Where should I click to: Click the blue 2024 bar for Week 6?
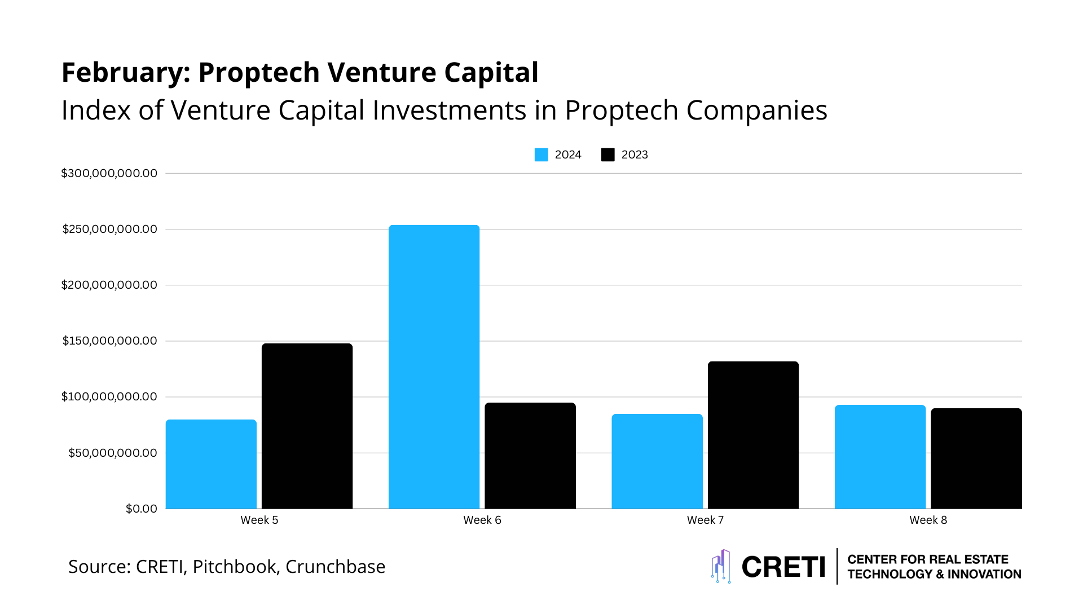(x=434, y=367)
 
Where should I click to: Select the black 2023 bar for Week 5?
(x=307, y=426)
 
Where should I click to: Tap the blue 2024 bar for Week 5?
(x=211, y=464)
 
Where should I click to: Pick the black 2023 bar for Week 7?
(x=753, y=435)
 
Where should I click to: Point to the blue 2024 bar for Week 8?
(x=880, y=456)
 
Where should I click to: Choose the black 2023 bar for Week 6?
(x=530, y=455)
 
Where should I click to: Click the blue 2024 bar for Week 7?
(x=657, y=461)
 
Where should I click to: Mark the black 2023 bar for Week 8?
(x=976, y=458)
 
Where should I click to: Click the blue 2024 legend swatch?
(x=541, y=155)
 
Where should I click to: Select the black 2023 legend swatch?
(x=607, y=155)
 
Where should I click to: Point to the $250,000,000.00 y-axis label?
(x=109, y=229)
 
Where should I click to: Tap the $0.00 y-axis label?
(x=141, y=509)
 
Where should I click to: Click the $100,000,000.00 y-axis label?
(x=109, y=396)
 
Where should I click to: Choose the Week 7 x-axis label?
(x=705, y=520)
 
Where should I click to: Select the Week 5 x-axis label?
(x=259, y=520)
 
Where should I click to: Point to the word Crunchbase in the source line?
(x=335, y=566)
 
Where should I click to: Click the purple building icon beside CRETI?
(x=721, y=566)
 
